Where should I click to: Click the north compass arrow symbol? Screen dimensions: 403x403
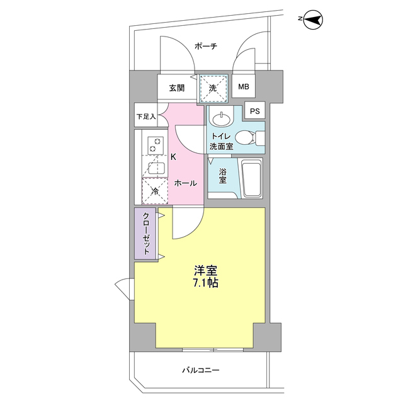[x=313, y=20]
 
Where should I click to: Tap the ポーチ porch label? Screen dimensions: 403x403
[x=206, y=46]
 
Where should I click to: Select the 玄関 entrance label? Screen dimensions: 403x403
[x=177, y=88]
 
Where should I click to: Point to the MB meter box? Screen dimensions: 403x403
[x=244, y=86]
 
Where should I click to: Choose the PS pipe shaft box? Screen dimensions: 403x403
[x=254, y=111]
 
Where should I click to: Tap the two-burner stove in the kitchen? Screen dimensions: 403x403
[x=156, y=145]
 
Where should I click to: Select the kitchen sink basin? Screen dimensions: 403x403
[x=156, y=169]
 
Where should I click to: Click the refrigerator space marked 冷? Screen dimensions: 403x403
[x=155, y=191]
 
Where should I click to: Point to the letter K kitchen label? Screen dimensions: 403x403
[x=174, y=157]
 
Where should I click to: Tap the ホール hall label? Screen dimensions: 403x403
[x=186, y=183]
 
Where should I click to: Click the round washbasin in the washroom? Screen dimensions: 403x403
[x=221, y=119]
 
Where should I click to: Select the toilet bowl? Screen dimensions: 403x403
[x=245, y=138]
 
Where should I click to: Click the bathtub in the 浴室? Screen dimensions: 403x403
[x=252, y=178]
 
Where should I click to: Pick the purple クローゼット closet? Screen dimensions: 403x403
[x=145, y=234]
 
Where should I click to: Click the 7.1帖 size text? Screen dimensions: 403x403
[x=206, y=283]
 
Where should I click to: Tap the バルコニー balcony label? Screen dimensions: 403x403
[x=201, y=370]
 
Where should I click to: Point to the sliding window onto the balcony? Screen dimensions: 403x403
[x=213, y=350]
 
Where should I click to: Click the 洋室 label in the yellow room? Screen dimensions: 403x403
[x=206, y=270]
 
